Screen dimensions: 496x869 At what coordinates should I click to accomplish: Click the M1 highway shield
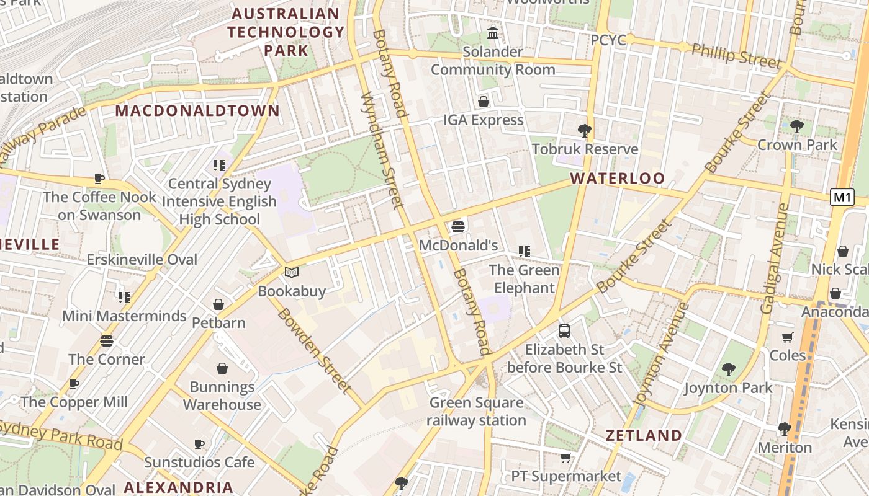pos(842,198)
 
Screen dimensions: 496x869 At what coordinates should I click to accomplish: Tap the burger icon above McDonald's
pos(458,227)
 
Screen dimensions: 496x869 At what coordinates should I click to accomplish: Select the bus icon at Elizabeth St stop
pos(564,331)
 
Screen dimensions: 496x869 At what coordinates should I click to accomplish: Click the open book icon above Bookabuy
pos(292,272)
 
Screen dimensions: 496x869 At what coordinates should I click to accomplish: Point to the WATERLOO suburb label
pos(617,179)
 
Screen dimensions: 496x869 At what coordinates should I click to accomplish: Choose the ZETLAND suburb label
pos(644,435)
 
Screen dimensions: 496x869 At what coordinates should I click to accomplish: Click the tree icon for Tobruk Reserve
pos(584,130)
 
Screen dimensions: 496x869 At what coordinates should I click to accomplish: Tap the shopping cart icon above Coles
pos(787,337)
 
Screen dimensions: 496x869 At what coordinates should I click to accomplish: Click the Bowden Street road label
pos(314,350)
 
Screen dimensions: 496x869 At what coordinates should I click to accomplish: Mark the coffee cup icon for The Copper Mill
pos(74,384)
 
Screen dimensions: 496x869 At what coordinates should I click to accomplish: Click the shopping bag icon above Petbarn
pos(218,304)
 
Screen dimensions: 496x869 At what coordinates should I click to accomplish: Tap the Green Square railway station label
pos(476,412)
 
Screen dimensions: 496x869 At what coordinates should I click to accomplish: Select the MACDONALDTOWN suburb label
pos(197,111)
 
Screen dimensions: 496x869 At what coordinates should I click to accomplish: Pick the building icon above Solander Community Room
pos(493,33)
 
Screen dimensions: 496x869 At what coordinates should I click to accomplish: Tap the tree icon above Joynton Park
pos(728,370)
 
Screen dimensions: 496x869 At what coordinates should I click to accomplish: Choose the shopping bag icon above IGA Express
pos(483,102)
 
